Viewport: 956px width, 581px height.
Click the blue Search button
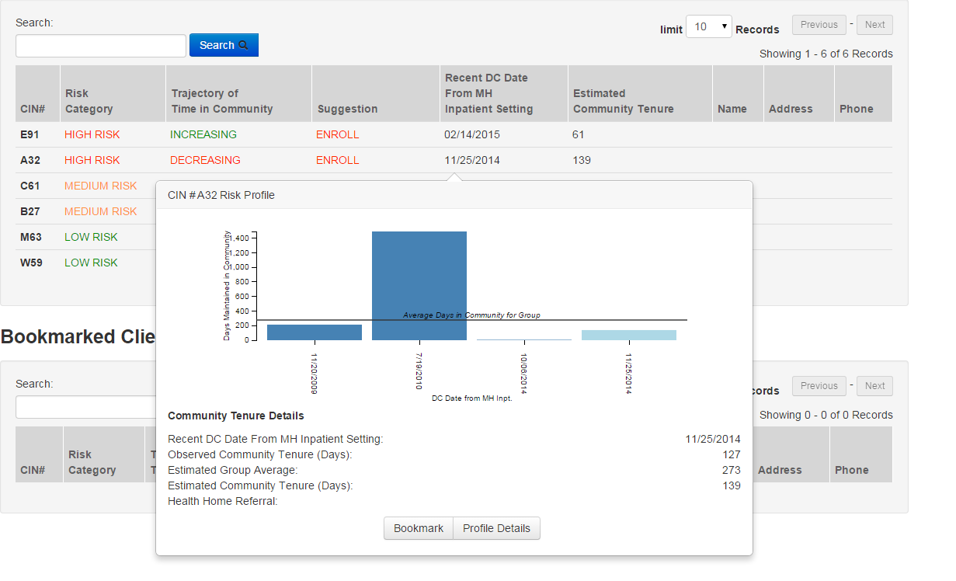pyautogui.click(x=224, y=45)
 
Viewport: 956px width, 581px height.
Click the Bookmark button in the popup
pyautogui.click(x=418, y=528)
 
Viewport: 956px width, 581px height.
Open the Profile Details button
pyautogui.click(x=496, y=528)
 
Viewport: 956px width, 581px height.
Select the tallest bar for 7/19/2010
pyautogui.click(x=419, y=285)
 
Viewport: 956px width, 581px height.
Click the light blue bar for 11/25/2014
pyautogui.click(x=628, y=335)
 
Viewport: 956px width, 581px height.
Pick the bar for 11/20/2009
pyautogui.click(x=315, y=332)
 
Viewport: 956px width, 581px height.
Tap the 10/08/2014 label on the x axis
pyautogui.click(x=524, y=374)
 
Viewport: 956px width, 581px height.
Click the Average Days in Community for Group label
pyautogui.click(x=471, y=315)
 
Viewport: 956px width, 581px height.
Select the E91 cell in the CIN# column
pyautogui.click(x=30, y=134)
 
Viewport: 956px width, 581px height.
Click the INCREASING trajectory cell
pyautogui.click(x=203, y=134)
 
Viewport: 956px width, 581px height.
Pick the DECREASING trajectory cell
pyautogui.click(x=205, y=160)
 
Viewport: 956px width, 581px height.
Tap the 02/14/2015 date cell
pyautogui.click(x=472, y=134)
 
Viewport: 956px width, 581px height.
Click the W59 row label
pyautogui.click(x=31, y=263)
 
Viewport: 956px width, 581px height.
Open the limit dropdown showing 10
pyautogui.click(x=708, y=27)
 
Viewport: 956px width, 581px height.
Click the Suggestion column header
pyautogui.click(x=347, y=109)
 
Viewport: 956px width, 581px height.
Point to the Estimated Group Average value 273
pyautogui.click(x=731, y=470)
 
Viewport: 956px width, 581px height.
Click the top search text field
pyautogui.click(x=101, y=46)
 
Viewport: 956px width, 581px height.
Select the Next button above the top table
pyautogui.click(x=874, y=25)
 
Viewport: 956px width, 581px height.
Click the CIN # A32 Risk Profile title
pyautogui.click(x=221, y=195)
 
